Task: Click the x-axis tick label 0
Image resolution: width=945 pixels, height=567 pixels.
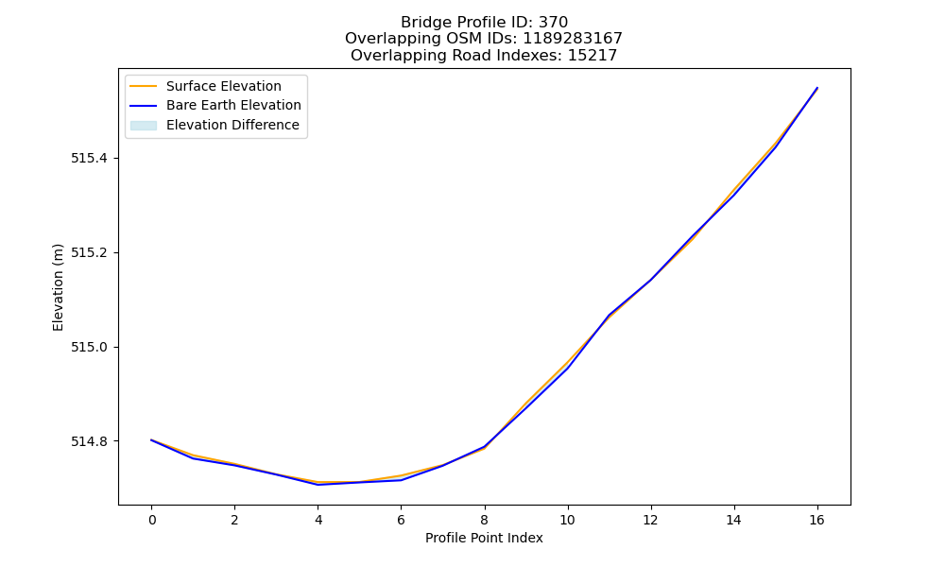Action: click(152, 520)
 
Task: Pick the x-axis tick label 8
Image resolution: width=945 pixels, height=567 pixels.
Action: click(485, 520)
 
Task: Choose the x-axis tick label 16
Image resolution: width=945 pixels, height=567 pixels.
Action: click(816, 520)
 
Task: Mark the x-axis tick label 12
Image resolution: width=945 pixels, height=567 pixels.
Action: click(650, 520)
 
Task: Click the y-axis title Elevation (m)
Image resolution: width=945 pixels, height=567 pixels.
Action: click(58, 287)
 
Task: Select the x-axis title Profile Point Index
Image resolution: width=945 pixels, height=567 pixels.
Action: click(484, 538)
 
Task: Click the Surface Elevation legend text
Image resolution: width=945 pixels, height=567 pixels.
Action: click(224, 86)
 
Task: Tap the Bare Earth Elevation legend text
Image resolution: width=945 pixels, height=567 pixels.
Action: click(233, 105)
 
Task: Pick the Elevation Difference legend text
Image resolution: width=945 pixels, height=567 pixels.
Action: click(232, 125)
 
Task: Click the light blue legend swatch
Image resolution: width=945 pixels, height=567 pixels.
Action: click(144, 126)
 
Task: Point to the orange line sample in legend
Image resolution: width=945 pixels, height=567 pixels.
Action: click(144, 86)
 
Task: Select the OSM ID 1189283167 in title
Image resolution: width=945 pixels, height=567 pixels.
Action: click(573, 39)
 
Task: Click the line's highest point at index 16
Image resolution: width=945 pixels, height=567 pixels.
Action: click(817, 88)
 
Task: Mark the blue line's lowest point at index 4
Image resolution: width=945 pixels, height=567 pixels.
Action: click(318, 485)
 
